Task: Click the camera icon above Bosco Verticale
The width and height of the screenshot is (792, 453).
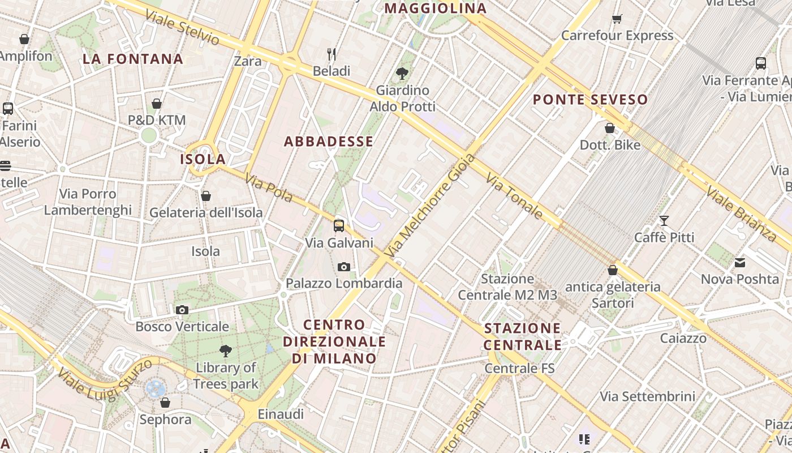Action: click(x=182, y=310)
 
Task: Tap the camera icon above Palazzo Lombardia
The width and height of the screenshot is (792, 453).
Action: click(x=343, y=267)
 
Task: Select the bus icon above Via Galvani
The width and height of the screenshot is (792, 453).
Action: click(x=339, y=226)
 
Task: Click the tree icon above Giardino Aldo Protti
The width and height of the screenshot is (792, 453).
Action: click(x=402, y=73)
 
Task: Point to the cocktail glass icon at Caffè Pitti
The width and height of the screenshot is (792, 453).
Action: click(x=664, y=220)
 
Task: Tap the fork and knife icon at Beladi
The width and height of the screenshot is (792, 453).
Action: click(x=332, y=54)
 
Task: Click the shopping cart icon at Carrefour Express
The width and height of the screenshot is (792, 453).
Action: click(x=617, y=19)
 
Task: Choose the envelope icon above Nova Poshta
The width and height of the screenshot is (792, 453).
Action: click(x=739, y=262)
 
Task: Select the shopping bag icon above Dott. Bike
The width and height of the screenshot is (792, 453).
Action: click(x=610, y=128)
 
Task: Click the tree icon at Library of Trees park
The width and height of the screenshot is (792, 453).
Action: click(x=225, y=351)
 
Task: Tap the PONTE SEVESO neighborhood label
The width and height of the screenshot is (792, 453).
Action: click(x=590, y=100)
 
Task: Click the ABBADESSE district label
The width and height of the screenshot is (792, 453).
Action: click(x=329, y=142)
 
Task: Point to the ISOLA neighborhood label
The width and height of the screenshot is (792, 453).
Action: click(x=203, y=159)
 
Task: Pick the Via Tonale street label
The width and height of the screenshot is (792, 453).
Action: click(x=514, y=196)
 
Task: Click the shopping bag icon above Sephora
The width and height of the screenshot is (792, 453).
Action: click(x=165, y=403)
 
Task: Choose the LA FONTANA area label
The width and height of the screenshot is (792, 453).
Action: click(x=133, y=59)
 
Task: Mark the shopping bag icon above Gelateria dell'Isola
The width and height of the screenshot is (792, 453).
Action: click(x=206, y=196)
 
